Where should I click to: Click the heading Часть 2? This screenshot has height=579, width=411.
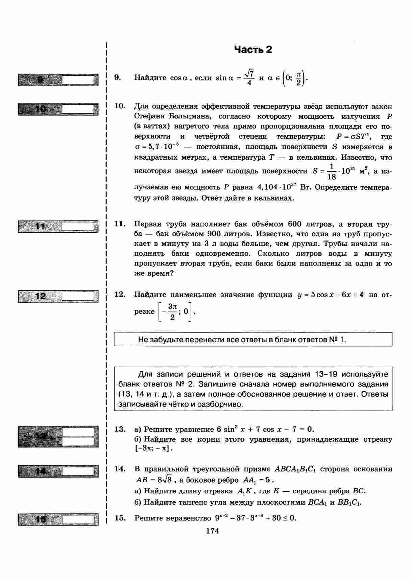coord(253,50)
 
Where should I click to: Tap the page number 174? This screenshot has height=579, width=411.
coord(212,531)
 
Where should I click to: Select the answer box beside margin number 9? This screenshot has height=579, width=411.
coord(78,80)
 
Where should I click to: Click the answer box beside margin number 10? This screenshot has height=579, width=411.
coord(78,109)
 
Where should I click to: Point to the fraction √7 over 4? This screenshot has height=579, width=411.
coord(249,77)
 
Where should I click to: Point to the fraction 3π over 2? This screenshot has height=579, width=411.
coord(172,312)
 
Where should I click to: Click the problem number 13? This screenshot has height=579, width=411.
coord(120,429)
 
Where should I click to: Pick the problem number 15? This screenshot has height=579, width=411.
coord(120,518)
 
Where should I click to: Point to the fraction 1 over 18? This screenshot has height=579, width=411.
coord(332,172)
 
